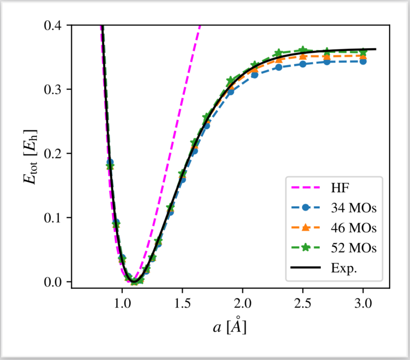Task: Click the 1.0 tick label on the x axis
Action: pyautogui.click(x=122, y=302)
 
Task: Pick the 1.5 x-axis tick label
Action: pyautogui.click(x=183, y=302)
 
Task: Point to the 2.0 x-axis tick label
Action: pyautogui.click(x=243, y=302)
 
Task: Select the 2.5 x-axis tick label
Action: pyautogui.click(x=303, y=302)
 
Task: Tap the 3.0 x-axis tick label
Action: pyautogui.click(x=363, y=302)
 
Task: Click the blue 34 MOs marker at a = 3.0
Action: pyautogui.click(x=363, y=61)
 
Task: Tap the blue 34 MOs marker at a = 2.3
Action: pyautogui.click(x=279, y=67)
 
